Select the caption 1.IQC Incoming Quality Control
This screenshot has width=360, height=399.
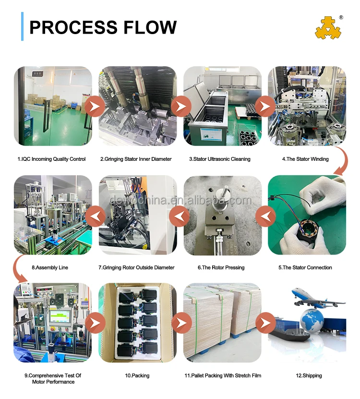tap(51, 159)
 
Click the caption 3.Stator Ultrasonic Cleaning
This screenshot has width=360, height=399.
tap(222, 159)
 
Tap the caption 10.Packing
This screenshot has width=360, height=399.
tap(137, 375)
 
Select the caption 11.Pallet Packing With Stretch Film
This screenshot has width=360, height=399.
tap(223, 375)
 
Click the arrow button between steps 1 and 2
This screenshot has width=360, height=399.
tap(96, 106)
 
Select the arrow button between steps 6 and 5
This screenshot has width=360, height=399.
tap(265, 216)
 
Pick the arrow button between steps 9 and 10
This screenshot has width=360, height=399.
tap(96, 323)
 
